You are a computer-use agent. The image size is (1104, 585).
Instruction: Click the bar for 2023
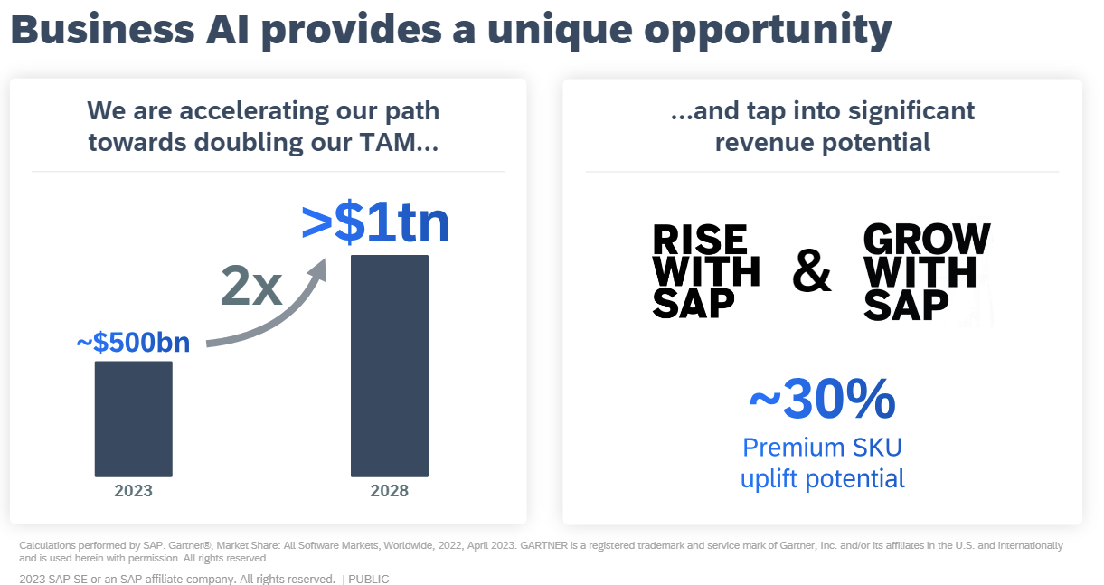[x=133, y=419]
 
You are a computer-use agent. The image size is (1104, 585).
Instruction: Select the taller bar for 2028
[x=389, y=365]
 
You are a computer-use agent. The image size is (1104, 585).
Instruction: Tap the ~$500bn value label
[x=133, y=344]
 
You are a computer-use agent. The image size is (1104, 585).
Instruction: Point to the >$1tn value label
[x=375, y=225]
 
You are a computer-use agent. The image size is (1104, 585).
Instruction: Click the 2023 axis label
[x=133, y=491]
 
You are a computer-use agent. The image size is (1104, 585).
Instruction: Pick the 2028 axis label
[x=389, y=491]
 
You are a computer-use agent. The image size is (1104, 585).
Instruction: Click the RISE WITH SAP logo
[x=705, y=271]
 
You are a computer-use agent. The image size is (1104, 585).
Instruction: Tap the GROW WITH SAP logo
[x=926, y=271]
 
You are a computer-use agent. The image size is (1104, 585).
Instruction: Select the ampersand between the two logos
[x=811, y=272]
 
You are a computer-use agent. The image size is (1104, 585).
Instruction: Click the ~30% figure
[x=822, y=400]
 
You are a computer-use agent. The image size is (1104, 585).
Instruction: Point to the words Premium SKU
[x=822, y=448]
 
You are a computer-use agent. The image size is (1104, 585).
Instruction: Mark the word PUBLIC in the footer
[x=369, y=579]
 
